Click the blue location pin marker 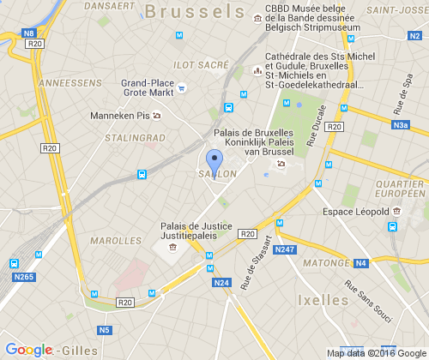[x=214, y=161]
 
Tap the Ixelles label [x=323, y=299]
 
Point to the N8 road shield [x=29, y=33]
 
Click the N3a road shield [x=400, y=125]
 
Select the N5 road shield [x=105, y=330]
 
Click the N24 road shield [x=221, y=282]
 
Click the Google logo [x=28, y=350]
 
